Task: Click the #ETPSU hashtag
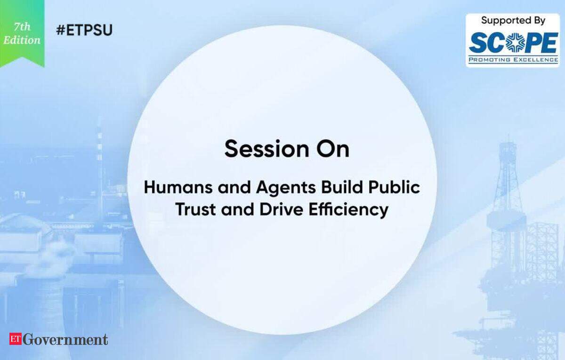click(x=84, y=30)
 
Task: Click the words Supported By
click(x=513, y=21)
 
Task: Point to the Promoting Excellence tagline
click(x=513, y=60)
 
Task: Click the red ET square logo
click(x=16, y=338)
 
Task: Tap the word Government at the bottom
click(x=65, y=339)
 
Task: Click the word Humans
click(x=178, y=188)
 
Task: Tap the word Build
click(x=343, y=188)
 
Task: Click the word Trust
click(x=195, y=209)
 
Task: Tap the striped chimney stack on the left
click(x=100, y=167)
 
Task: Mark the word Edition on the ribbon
click(x=22, y=40)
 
